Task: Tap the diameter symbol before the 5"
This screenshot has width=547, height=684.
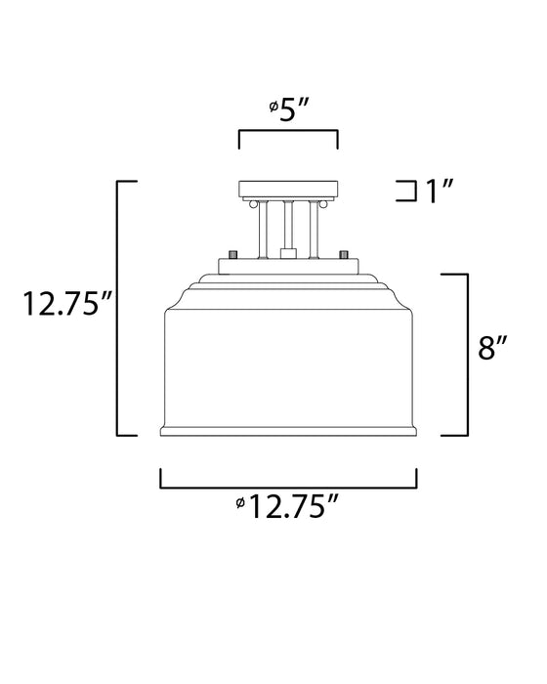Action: coord(273,111)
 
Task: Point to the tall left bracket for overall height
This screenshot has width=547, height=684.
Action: coord(119,308)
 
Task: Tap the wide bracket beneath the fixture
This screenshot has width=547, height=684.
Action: coord(288,483)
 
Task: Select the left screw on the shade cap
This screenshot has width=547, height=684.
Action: coord(232,253)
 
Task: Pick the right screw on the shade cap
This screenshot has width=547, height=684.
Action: coord(343,253)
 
